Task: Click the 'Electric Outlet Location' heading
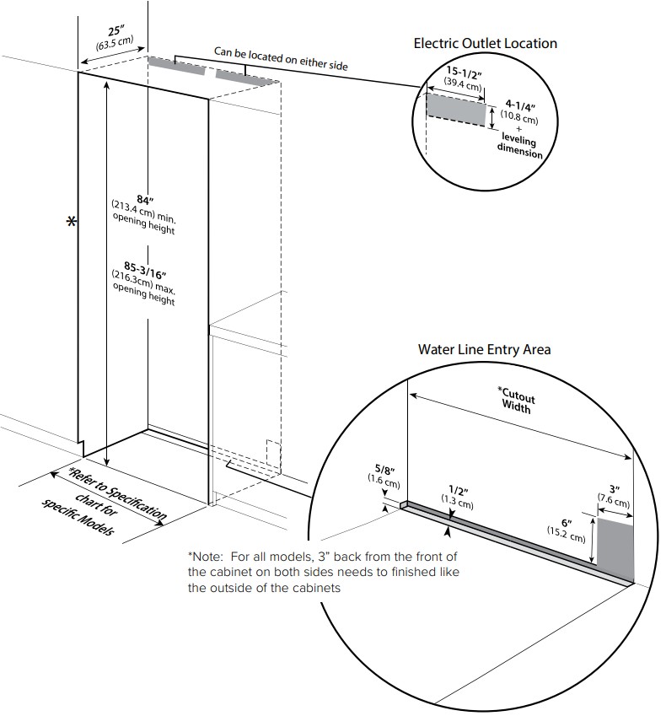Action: pyautogui.click(x=485, y=43)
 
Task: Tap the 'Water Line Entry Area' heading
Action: pyautogui.click(x=484, y=348)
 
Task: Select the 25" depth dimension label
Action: pyautogui.click(x=115, y=32)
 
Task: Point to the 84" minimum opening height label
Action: pyautogui.click(x=144, y=200)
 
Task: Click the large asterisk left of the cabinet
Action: pyautogui.click(x=71, y=223)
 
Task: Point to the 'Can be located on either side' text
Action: pyautogui.click(x=280, y=57)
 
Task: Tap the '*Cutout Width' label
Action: pyautogui.click(x=515, y=401)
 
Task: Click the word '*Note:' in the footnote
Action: pyautogui.click(x=205, y=557)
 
